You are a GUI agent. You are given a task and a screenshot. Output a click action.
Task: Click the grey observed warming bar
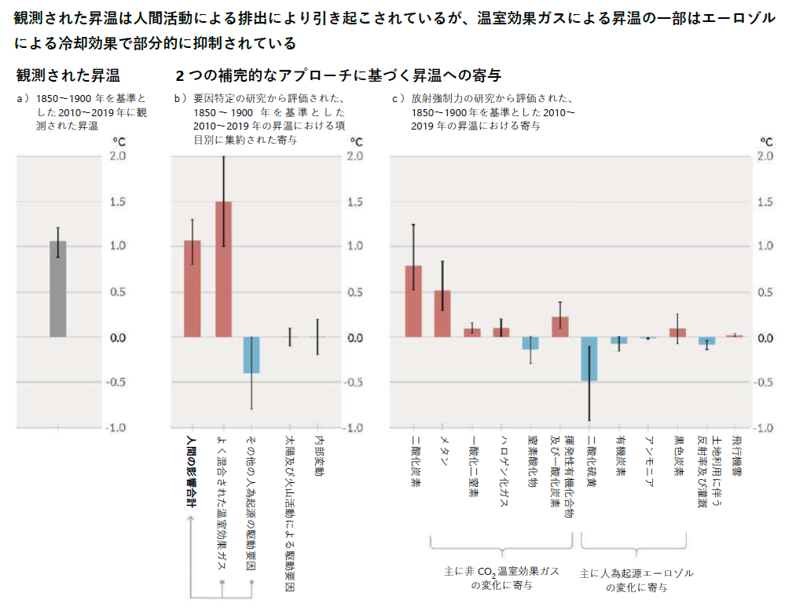pos(57,289)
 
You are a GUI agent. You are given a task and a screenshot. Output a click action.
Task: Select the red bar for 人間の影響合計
pos(193,289)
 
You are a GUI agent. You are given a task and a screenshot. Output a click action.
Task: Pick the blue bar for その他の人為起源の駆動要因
pos(251,355)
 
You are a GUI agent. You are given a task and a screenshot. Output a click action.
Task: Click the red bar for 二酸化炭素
pos(413,302)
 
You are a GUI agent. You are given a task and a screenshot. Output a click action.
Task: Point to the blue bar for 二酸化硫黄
pos(589,359)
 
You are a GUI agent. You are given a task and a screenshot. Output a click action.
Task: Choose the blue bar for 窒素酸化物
pos(531,343)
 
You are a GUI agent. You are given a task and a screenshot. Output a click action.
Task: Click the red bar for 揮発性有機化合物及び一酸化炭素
pos(560,327)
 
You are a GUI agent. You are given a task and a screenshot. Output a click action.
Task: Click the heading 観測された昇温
pos(68,76)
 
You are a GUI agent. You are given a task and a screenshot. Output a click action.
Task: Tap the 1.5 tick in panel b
pos(355,202)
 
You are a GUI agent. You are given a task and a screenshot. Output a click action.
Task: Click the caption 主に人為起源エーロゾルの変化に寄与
pos(636,580)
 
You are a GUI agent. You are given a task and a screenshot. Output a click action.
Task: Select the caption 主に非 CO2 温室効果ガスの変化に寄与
pos(501,579)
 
